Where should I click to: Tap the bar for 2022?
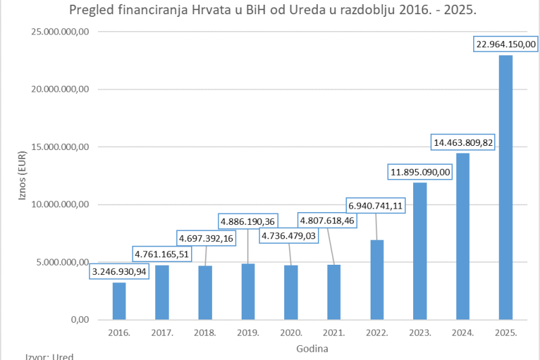(376, 279)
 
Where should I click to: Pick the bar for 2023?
(419, 251)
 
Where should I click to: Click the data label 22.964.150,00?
(506, 44)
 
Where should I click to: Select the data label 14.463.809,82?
(462, 143)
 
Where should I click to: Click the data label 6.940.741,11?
(376, 205)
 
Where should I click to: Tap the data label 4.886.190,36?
(248, 221)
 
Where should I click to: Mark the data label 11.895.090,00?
(419, 172)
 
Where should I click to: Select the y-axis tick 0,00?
(81, 320)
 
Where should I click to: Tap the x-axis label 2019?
(248, 333)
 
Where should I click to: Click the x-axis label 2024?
(462, 333)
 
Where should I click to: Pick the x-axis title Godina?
(312, 349)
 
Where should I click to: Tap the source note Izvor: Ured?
(49, 356)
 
